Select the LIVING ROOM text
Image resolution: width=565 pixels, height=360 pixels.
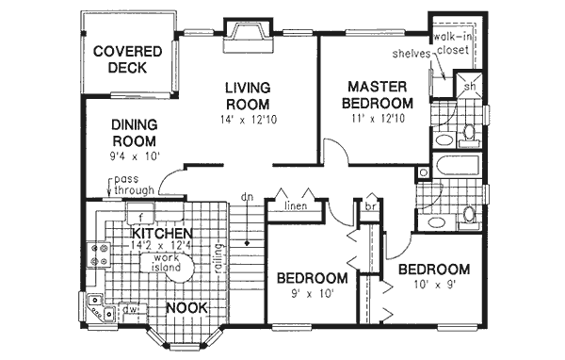click(249, 96)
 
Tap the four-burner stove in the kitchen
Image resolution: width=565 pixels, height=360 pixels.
click(97, 253)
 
